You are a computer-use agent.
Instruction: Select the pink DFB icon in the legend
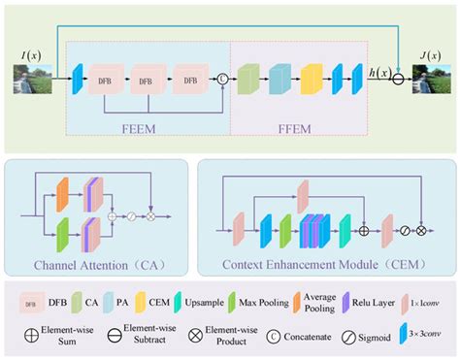[x=34, y=304]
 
